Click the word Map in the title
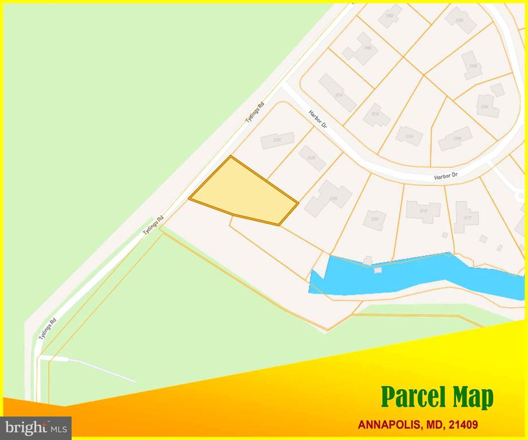[474, 397]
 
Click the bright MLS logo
[36, 427]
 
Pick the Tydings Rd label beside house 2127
[254, 114]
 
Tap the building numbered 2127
[277, 140]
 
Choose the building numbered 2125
[312, 158]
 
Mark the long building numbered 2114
[338, 93]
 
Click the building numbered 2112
[376, 114]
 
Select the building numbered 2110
[409, 136]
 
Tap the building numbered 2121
[375, 220]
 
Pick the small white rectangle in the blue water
[378, 270]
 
